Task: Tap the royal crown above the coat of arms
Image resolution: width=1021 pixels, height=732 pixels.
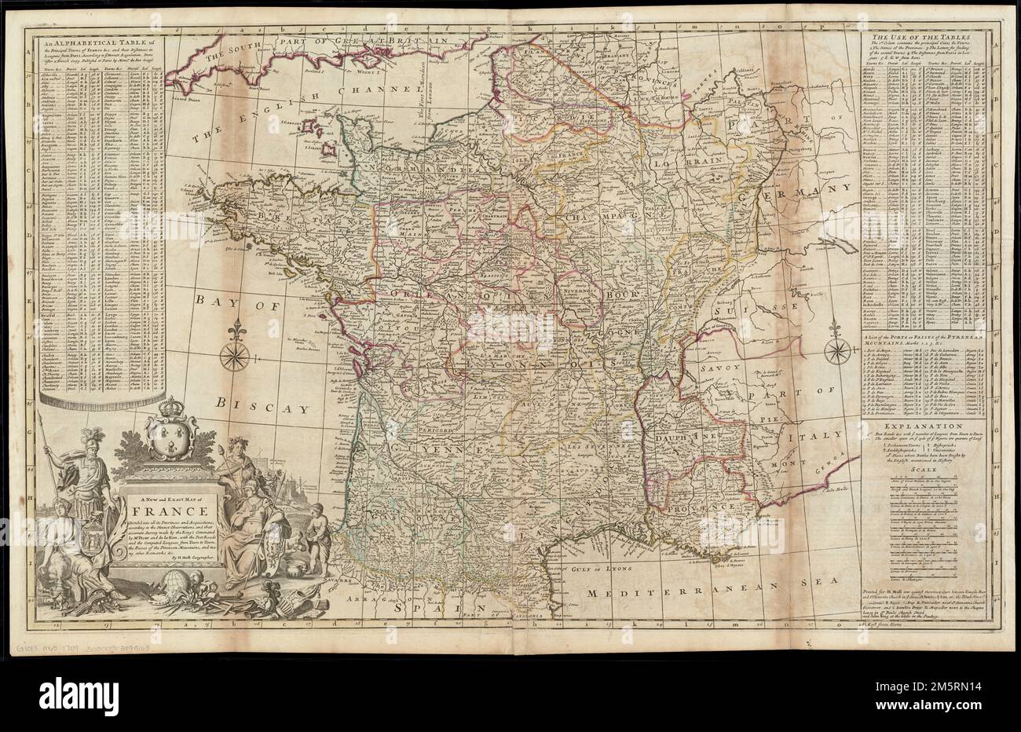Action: click(170, 409)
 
